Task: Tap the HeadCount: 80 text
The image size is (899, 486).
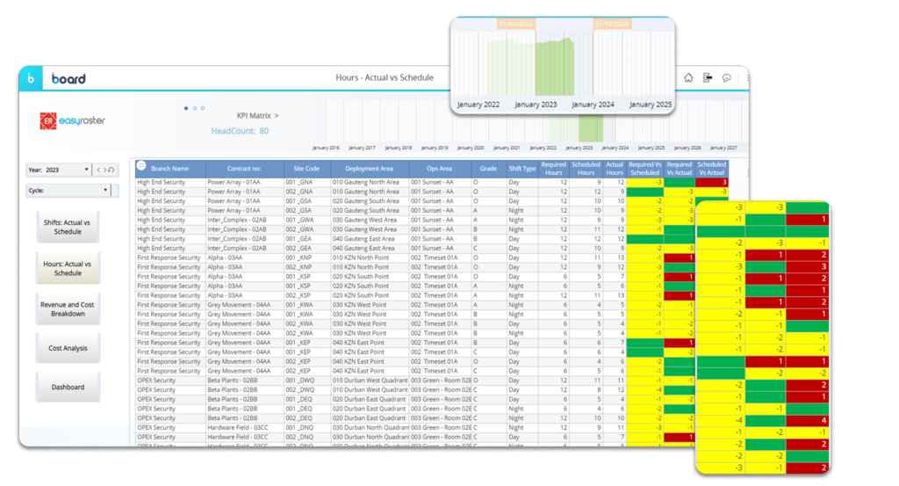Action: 240,131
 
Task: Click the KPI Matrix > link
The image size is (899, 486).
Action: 258,115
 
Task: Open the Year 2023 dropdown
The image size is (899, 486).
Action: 86,170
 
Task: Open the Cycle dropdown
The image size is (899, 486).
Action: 105,189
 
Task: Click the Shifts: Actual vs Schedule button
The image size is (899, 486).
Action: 68,227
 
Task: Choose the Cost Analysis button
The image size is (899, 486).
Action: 68,348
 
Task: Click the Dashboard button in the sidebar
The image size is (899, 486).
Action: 68,387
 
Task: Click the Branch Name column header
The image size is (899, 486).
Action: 169,168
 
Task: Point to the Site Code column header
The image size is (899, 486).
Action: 306,168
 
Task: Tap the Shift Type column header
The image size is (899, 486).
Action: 521,168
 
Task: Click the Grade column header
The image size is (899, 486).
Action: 488,168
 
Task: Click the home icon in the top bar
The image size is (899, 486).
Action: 688,77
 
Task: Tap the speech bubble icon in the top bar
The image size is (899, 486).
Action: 727,77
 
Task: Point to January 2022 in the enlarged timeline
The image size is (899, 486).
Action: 478,105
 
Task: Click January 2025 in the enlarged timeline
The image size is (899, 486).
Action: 651,105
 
